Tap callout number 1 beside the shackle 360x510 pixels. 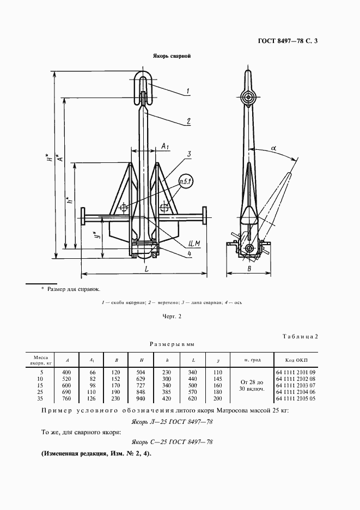[187, 92]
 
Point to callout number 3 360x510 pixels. [188, 156]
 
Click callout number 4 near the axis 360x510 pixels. [188, 253]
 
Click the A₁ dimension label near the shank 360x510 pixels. [166, 146]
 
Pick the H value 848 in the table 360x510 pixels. [141, 392]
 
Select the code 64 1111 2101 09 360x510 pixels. [296, 372]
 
